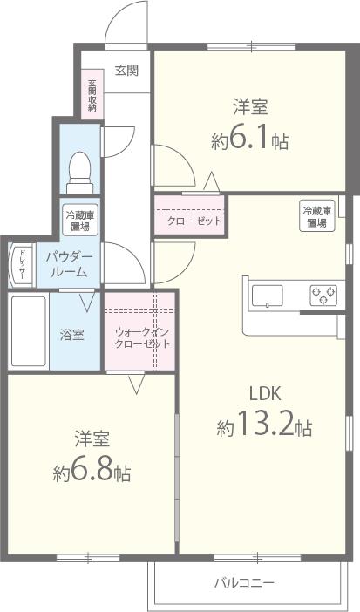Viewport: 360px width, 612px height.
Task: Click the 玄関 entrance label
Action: pyautogui.click(x=126, y=71)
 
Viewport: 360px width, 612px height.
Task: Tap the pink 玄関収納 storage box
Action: pyautogui.click(x=92, y=97)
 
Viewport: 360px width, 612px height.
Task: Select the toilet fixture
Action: pyautogui.click(x=80, y=170)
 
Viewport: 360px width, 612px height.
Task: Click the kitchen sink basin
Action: pyautogui.click(x=268, y=296)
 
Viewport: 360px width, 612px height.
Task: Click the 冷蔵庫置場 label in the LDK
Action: pyautogui.click(x=316, y=216)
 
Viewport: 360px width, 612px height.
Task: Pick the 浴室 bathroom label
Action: pyautogui.click(x=71, y=334)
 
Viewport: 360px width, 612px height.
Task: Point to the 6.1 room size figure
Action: pyautogui.click(x=250, y=140)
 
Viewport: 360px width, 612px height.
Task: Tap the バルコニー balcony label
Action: pyautogui.click(x=244, y=581)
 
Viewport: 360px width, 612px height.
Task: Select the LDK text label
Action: pyautogui.click(x=265, y=391)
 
